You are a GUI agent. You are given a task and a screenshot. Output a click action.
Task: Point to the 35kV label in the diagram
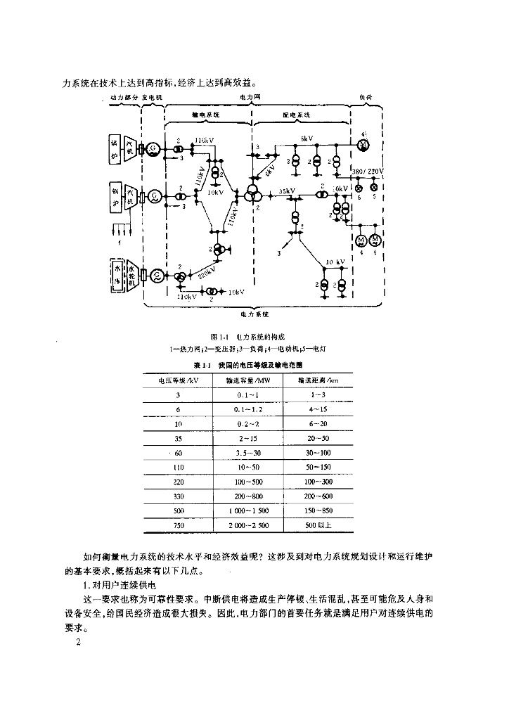pos(286,191)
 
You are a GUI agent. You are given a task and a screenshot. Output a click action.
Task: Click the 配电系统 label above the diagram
pos(296,114)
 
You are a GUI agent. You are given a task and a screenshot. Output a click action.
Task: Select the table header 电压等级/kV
pos(178,380)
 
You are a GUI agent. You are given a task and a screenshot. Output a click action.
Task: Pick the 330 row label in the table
pos(178,496)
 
